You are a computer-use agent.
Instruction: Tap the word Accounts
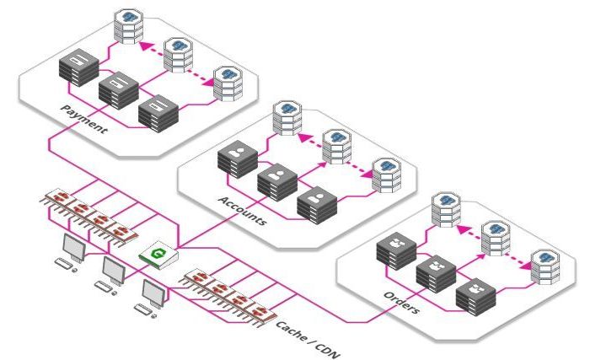[243, 210]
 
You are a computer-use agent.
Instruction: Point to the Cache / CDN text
[309, 337]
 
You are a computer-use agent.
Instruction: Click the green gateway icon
[156, 254]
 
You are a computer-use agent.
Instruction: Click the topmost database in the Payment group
[131, 24]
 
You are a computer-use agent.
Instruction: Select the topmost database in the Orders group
[443, 206]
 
